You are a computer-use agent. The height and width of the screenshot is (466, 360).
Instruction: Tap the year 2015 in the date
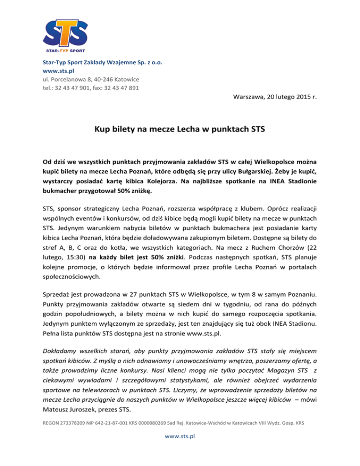point(304,97)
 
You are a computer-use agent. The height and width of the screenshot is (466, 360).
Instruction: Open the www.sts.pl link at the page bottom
point(180,435)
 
